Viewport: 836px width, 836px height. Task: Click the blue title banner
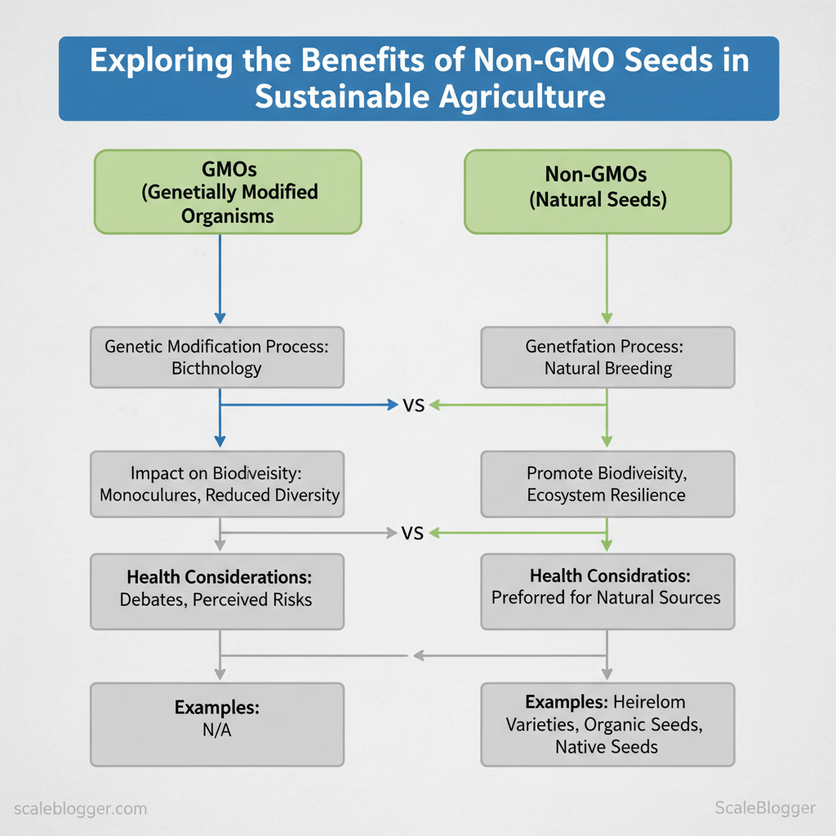418,79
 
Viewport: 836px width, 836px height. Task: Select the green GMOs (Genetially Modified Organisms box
228,192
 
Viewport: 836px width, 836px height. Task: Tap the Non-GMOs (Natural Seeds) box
598,192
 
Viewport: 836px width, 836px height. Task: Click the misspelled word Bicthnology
216,368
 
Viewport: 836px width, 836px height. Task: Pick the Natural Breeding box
607,358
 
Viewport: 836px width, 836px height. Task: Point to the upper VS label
413,405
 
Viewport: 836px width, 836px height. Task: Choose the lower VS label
413,534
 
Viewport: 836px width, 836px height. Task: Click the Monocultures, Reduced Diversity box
216,484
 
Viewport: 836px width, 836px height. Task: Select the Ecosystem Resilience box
607,484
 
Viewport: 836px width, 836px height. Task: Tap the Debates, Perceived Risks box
216,591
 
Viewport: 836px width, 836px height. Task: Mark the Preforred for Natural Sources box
607,591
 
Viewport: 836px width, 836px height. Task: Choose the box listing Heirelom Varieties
607,724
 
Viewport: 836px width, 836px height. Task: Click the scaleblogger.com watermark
81,809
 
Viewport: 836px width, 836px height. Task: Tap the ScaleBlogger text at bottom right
764,808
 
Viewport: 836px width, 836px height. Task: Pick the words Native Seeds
607,746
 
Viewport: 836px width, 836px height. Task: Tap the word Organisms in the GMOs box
228,217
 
